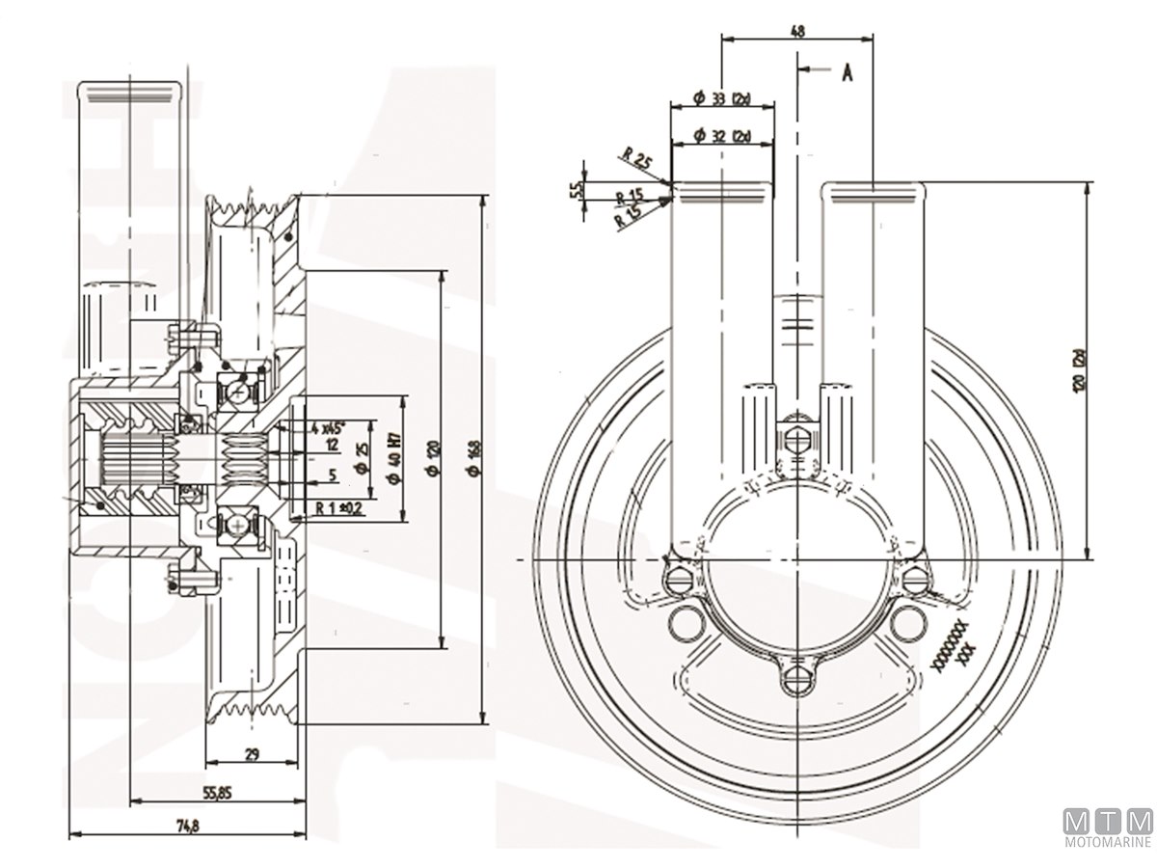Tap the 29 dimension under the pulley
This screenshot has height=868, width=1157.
[x=251, y=755]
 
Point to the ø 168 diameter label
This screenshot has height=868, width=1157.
[x=472, y=458]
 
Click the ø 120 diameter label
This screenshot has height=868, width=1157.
[x=435, y=458]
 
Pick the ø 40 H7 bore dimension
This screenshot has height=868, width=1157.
[x=394, y=458]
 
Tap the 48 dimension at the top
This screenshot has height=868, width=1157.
[x=797, y=31]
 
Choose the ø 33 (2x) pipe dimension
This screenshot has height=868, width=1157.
[x=722, y=99]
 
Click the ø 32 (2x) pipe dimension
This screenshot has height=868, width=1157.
[x=722, y=136]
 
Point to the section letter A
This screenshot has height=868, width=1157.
[x=847, y=71]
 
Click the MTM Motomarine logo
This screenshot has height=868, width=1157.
[x=1108, y=827]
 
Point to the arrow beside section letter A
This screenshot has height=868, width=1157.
[x=815, y=70]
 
